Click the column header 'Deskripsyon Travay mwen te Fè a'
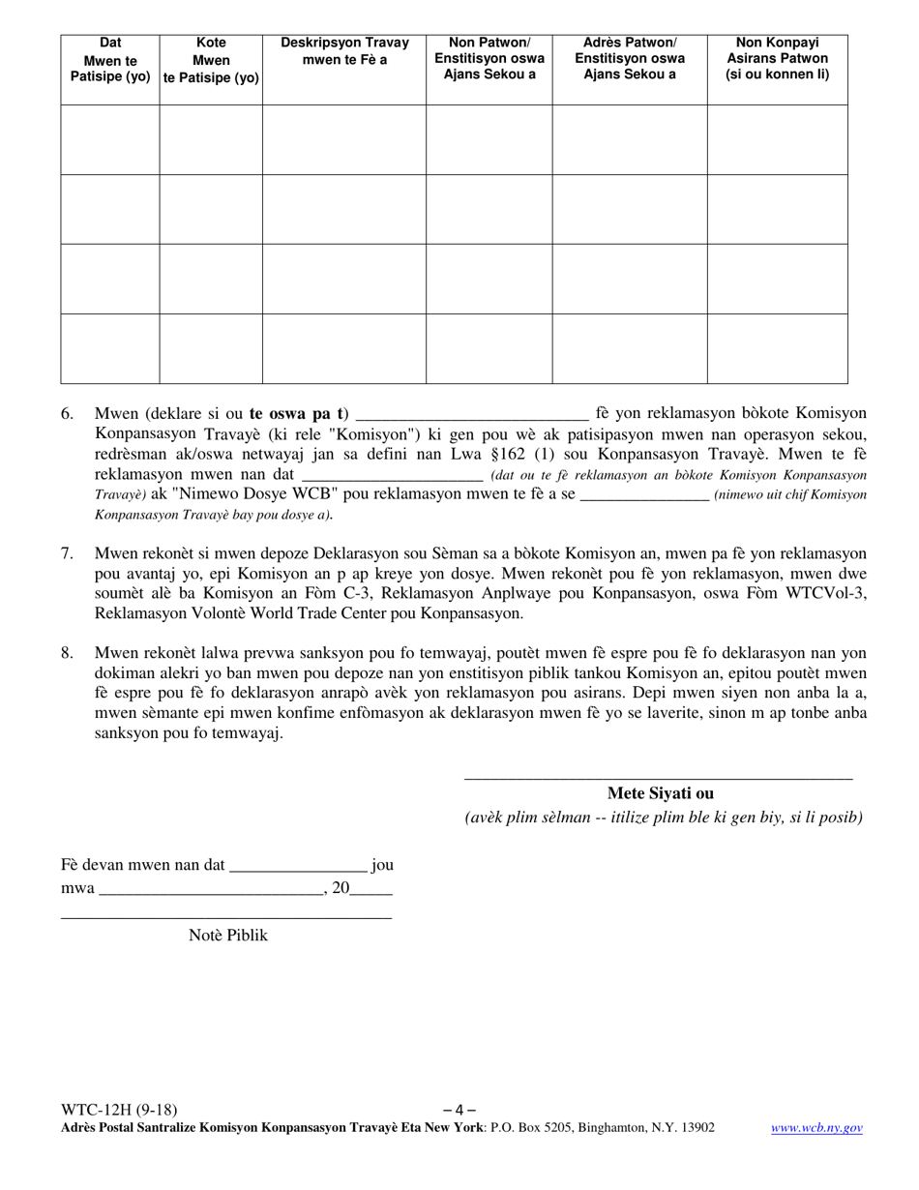tap(344, 51)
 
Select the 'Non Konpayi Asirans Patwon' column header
tap(777, 58)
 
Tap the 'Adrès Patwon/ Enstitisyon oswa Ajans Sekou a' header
tap(629, 58)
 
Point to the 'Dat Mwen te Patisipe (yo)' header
tap(110, 58)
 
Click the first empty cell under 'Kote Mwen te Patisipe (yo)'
tap(211, 139)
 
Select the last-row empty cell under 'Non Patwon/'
tap(489, 348)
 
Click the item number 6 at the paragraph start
tap(67, 414)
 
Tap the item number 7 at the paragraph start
tap(67, 553)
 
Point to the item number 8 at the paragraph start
tap(67, 652)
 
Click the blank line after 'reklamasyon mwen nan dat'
tap(392, 475)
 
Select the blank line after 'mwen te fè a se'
tap(643, 494)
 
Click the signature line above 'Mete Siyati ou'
tap(658, 776)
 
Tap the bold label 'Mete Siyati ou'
tap(660, 793)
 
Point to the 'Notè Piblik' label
tap(227, 936)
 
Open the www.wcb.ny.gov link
tap(816, 1127)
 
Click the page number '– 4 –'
tap(459, 1110)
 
